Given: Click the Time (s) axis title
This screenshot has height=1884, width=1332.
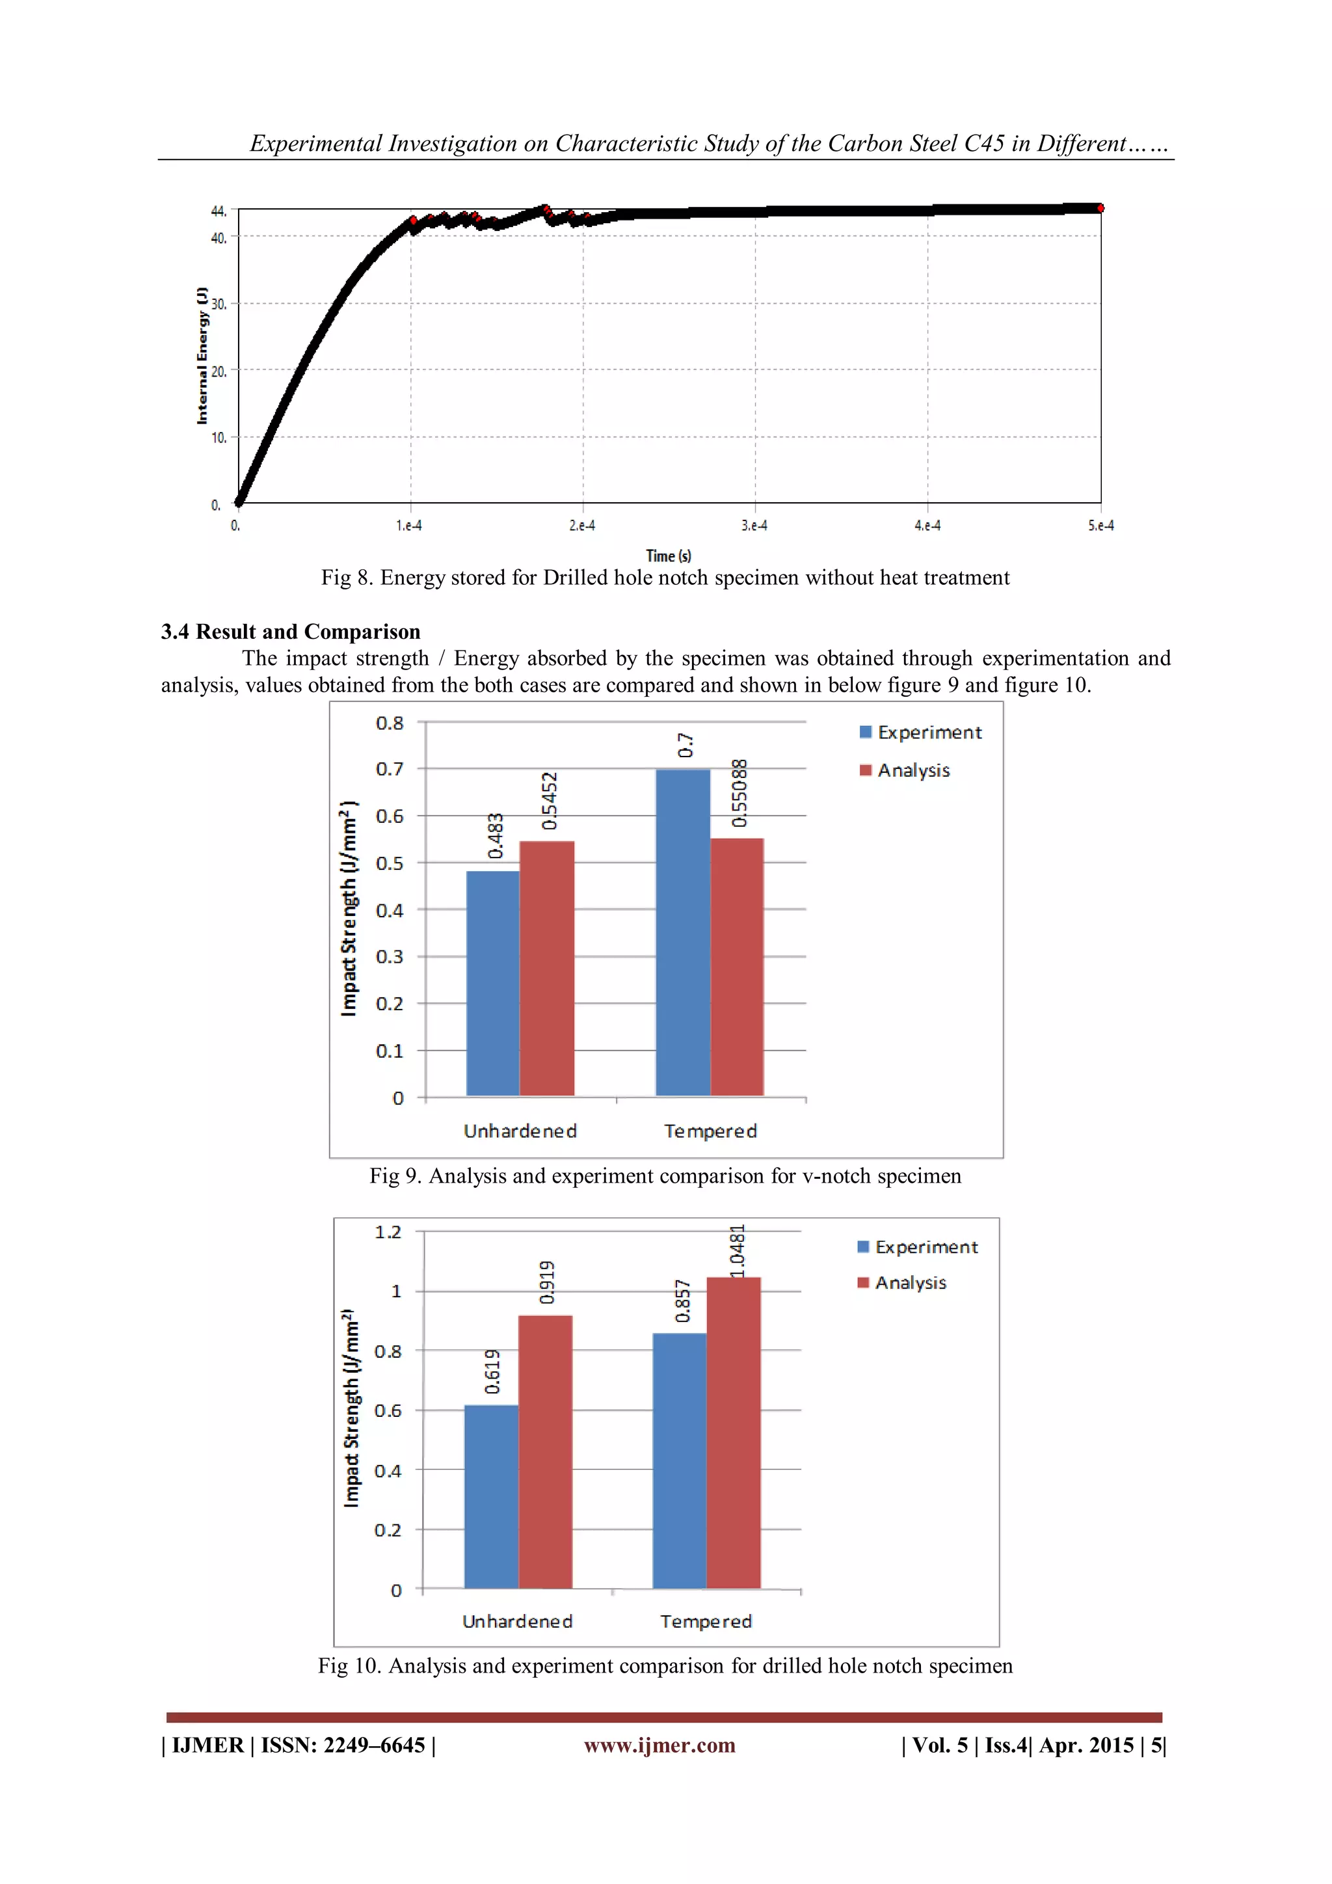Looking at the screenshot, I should tap(669, 556).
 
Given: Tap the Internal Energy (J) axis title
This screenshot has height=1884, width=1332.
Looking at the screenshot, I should tap(202, 355).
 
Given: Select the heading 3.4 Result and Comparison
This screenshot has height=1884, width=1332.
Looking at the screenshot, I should tap(290, 632).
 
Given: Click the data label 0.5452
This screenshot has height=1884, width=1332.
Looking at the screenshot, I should tap(550, 801).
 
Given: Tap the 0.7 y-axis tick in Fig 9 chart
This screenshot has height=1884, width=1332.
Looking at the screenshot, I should tap(390, 769).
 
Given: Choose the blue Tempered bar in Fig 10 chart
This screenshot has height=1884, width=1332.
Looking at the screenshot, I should tap(679, 1460).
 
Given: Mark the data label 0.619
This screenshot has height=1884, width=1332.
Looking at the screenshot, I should tap(492, 1371).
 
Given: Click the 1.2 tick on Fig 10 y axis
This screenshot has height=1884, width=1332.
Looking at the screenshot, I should tap(388, 1231).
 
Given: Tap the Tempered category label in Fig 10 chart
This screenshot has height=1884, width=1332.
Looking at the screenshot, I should tap(706, 1621).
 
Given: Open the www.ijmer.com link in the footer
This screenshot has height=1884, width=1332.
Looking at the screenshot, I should tap(659, 1745).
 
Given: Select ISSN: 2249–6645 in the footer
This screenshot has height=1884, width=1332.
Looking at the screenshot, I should tap(343, 1745).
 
